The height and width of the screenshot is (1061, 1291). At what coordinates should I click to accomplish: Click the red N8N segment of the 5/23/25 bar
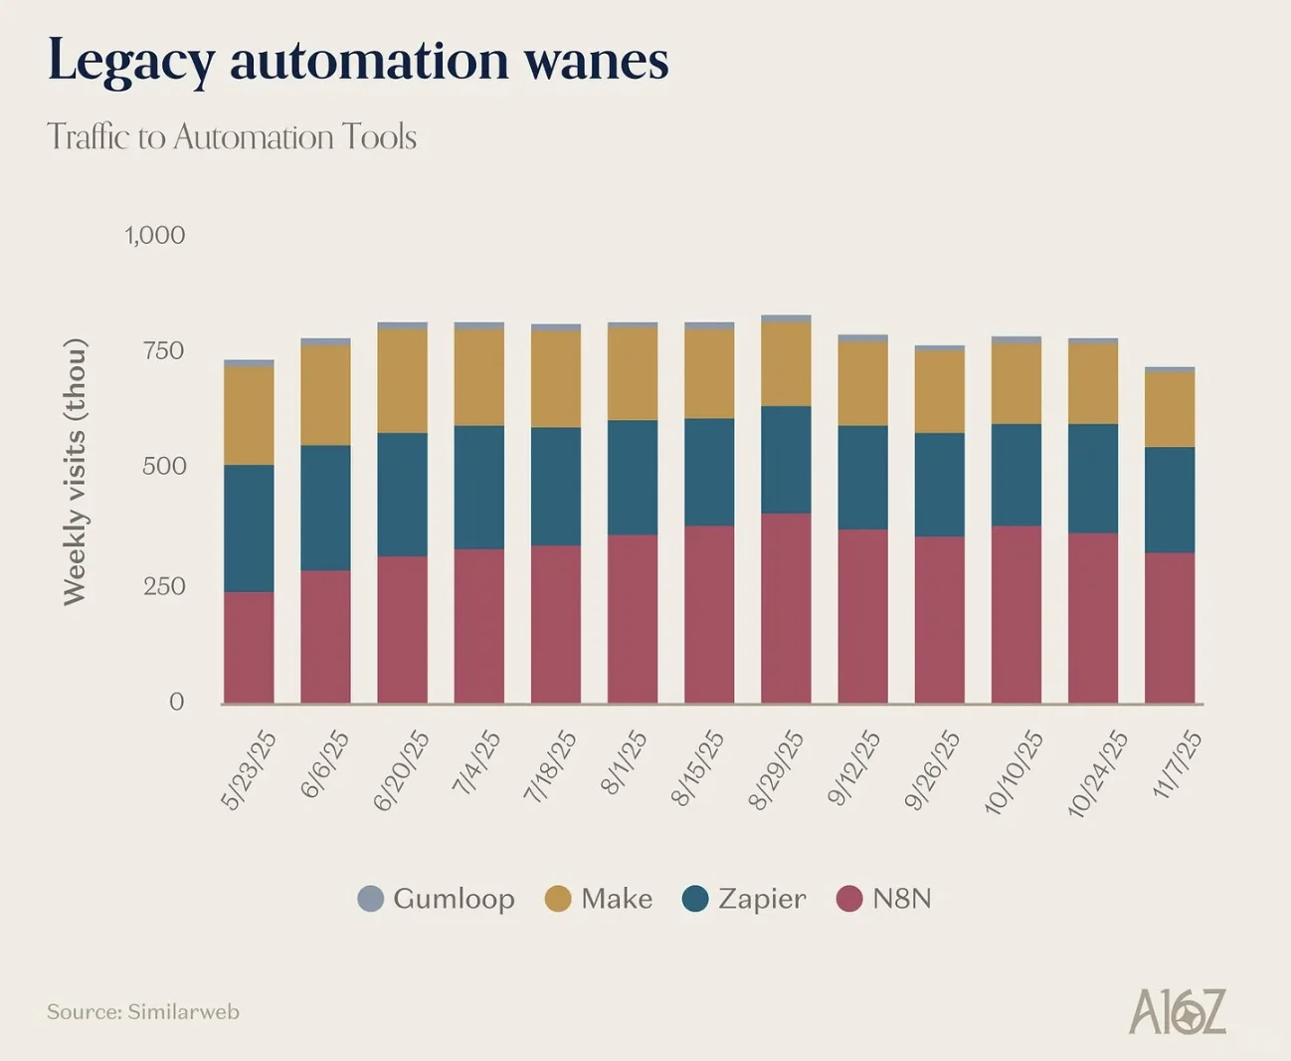coord(249,647)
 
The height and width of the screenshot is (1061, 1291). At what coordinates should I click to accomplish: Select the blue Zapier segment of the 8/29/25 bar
coord(786,460)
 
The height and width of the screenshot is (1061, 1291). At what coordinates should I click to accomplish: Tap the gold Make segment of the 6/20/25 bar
coord(402,380)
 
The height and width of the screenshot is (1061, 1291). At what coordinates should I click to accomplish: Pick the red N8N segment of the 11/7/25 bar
coord(1170,627)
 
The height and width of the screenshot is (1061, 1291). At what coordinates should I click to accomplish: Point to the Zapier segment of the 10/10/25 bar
coord(1016,475)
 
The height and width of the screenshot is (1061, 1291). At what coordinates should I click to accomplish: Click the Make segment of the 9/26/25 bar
coord(940,391)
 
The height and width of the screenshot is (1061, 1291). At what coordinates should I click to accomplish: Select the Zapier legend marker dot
coord(695,899)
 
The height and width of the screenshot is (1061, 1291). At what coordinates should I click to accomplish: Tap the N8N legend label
coord(901,899)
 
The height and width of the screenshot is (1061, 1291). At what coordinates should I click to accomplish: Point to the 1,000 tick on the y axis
coord(155,236)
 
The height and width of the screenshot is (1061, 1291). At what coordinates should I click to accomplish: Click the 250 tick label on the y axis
coord(164,586)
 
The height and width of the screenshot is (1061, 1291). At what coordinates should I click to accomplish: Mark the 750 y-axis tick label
coord(164,350)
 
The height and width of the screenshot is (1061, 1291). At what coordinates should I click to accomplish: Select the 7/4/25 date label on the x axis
coord(476,762)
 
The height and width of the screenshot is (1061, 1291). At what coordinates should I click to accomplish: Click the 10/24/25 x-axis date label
coord(1097,773)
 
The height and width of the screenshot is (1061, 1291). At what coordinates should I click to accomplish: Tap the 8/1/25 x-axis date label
coord(624,762)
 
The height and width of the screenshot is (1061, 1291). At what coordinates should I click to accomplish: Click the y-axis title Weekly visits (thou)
coord(76,472)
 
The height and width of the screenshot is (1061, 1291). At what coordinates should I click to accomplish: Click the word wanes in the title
coord(596,61)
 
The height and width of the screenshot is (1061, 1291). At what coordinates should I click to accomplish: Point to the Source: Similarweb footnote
coord(143,1012)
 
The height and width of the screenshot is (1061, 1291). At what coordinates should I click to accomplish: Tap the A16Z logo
coord(1178,1011)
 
